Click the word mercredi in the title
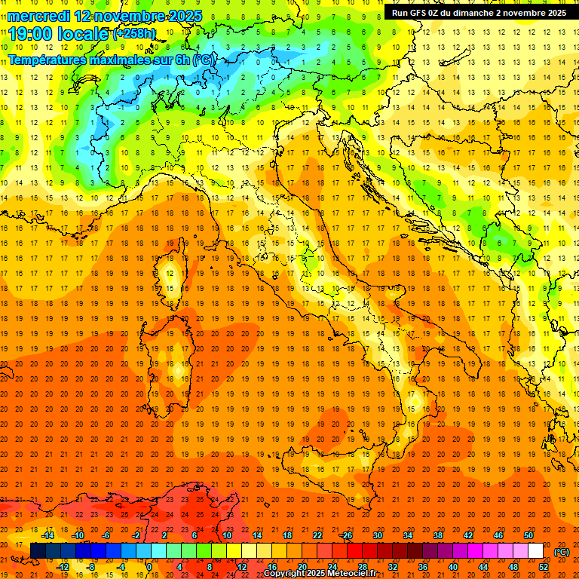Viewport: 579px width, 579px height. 39,16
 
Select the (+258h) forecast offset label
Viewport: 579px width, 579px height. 136,34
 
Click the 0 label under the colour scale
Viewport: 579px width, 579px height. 149,566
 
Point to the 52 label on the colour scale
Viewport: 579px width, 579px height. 544,566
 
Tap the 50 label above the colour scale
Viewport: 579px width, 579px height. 528,535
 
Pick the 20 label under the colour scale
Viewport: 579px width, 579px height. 302,566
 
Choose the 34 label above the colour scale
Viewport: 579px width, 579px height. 407,535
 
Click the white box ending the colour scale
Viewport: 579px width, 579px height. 535,550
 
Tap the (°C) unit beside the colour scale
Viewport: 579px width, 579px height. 562,552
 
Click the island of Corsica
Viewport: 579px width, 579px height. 170,275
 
